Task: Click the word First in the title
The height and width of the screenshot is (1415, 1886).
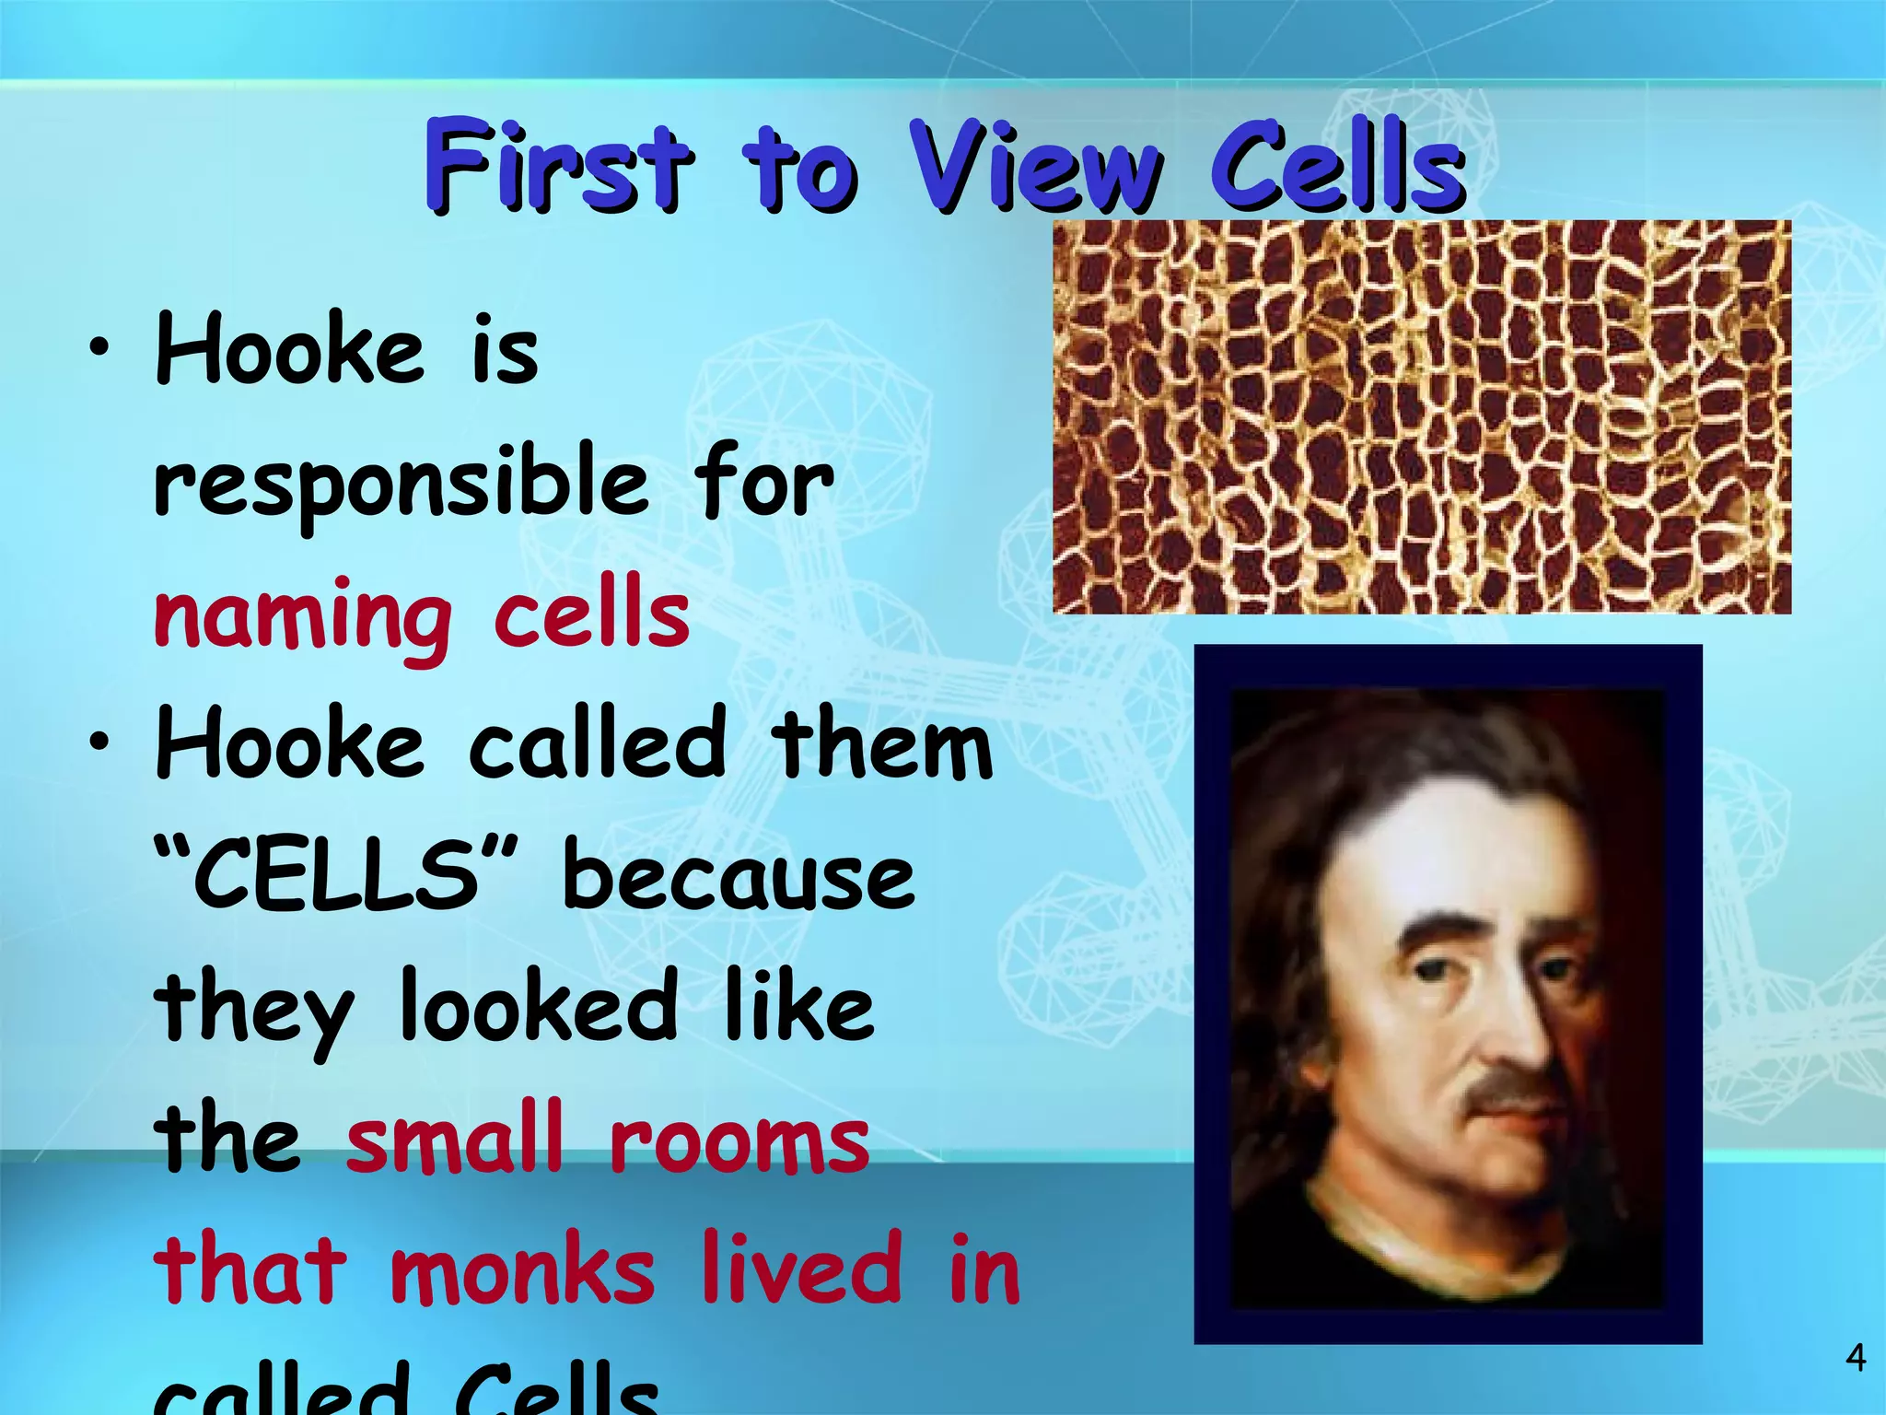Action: coord(556,166)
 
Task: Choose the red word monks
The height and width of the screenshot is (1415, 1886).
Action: coord(522,1269)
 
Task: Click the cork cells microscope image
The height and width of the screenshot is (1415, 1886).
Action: coord(1422,416)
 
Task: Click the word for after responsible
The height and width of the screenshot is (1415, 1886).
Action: coord(763,483)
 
